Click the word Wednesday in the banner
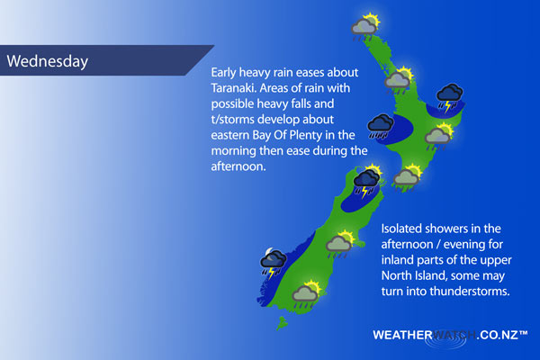[x=48, y=61]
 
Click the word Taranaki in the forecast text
[x=234, y=88]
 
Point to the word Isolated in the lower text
[x=401, y=229]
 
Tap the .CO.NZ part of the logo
[x=498, y=335]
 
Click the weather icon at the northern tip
[x=365, y=27]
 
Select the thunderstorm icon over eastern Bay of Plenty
[x=450, y=98]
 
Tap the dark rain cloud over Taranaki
[x=380, y=126]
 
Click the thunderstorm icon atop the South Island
[x=368, y=182]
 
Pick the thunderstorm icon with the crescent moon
[x=274, y=263]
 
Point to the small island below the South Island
[x=282, y=323]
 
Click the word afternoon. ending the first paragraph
[x=238, y=166]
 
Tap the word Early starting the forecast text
[x=223, y=73]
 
